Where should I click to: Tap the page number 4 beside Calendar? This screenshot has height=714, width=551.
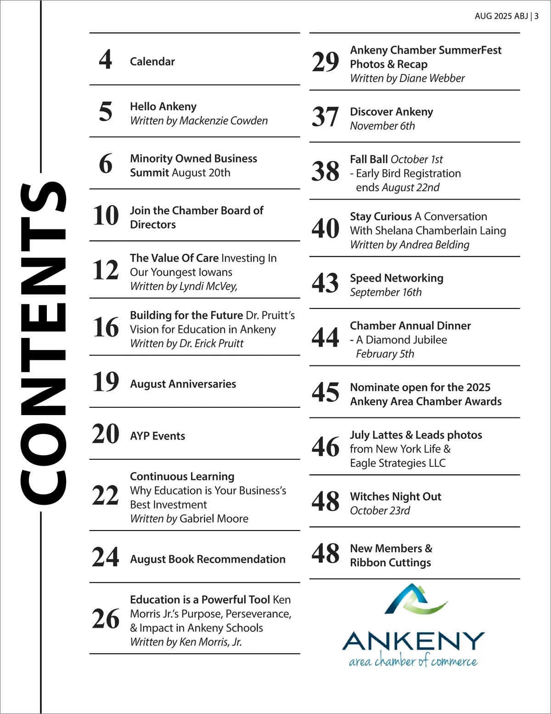point(106,60)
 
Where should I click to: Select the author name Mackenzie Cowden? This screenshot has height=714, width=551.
point(224,121)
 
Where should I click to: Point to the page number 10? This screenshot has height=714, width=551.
point(106,216)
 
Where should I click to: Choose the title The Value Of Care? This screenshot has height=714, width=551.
point(174,258)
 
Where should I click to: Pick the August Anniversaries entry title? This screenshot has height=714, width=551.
point(183,384)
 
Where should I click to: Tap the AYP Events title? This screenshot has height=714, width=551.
point(157,436)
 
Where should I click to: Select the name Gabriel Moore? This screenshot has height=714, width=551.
point(214,519)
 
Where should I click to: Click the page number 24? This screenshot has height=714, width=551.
point(106,557)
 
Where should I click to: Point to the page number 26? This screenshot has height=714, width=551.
point(106,619)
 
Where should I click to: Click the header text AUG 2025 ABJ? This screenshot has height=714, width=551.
point(501,16)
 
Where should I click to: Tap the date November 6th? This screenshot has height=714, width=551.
point(382,126)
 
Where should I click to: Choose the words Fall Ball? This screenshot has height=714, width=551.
point(369,160)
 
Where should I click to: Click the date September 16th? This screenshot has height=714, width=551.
point(386,292)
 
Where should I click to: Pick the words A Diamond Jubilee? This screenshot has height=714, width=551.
point(401,340)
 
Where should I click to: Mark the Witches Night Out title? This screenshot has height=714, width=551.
point(395,497)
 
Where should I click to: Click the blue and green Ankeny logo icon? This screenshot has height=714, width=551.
point(415,599)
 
